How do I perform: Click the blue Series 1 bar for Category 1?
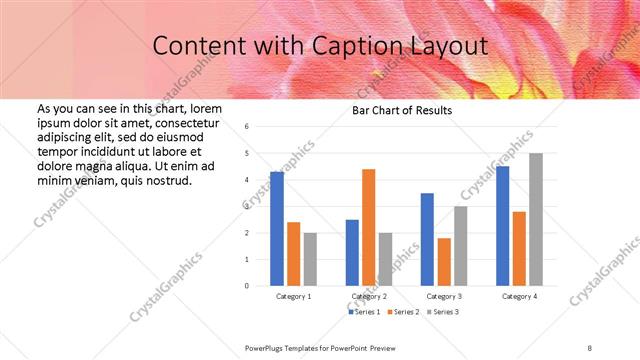tap(277, 229)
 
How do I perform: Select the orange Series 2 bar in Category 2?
tap(368, 227)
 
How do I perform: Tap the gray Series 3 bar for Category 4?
tap(535, 219)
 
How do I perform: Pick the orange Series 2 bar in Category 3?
tap(444, 261)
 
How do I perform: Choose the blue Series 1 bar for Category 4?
tap(502, 226)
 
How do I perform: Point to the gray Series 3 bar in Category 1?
tap(310, 259)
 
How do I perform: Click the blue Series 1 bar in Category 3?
tap(427, 239)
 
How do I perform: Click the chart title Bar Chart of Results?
tap(401, 110)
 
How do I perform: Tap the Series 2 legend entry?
tap(402, 313)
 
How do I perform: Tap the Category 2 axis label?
tap(370, 297)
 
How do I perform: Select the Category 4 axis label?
tap(519, 297)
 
